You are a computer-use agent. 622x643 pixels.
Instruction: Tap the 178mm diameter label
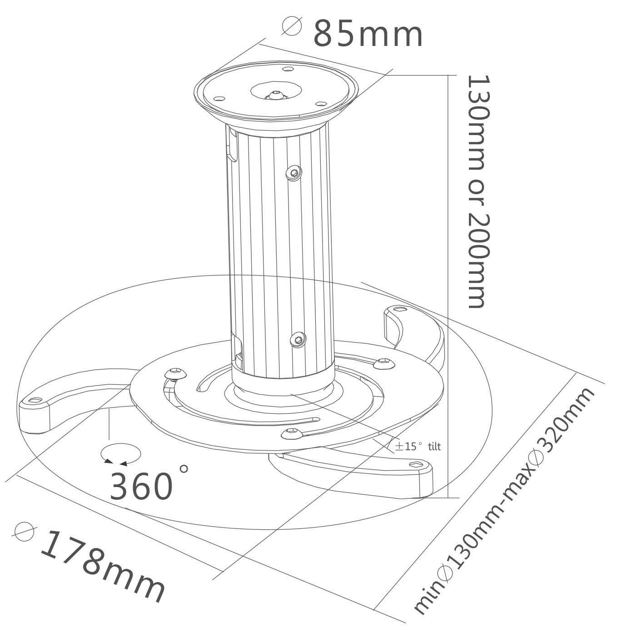click(x=102, y=566)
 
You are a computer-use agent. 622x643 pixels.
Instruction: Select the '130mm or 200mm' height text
click(x=479, y=191)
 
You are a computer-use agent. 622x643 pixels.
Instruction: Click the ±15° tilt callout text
click(x=418, y=446)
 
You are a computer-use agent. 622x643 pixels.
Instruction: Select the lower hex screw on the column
click(x=298, y=340)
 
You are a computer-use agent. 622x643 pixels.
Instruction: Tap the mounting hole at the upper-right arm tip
click(x=400, y=309)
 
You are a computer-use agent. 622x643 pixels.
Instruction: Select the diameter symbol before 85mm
click(x=292, y=25)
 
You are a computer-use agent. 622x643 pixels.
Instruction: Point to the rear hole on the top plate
click(x=287, y=70)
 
